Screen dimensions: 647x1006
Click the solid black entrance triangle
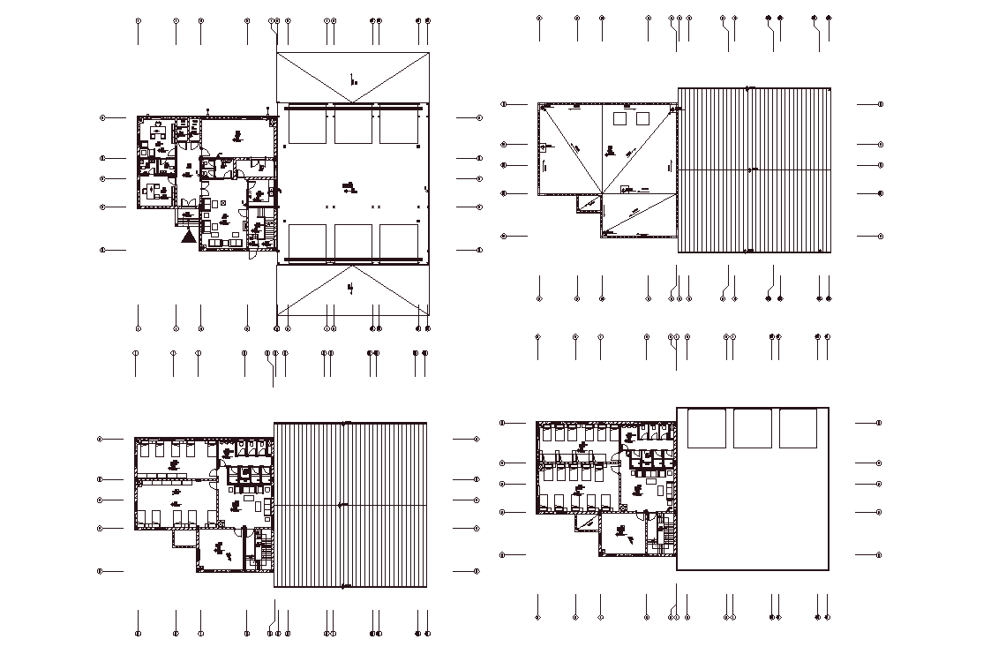coord(187,236)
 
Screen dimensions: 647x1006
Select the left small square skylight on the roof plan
coord(620,118)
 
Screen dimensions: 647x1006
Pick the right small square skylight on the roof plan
coord(642,118)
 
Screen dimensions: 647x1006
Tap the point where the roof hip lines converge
coord(603,193)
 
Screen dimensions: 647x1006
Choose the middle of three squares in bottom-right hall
coord(752,428)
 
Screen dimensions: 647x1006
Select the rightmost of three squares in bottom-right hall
coord(798,428)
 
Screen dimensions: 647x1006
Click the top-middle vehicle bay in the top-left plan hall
coord(353,128)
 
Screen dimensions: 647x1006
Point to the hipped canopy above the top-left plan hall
coord(353,78)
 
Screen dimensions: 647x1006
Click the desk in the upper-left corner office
coord(158,133)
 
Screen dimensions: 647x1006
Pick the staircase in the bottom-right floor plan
coord(668,535)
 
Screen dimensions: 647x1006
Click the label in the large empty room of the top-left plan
coord(236,135)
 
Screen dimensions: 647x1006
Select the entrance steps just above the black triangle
coord(187,216)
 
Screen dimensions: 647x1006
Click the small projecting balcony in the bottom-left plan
coord(184,537)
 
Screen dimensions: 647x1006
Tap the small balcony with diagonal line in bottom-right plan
coord(586,522)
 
